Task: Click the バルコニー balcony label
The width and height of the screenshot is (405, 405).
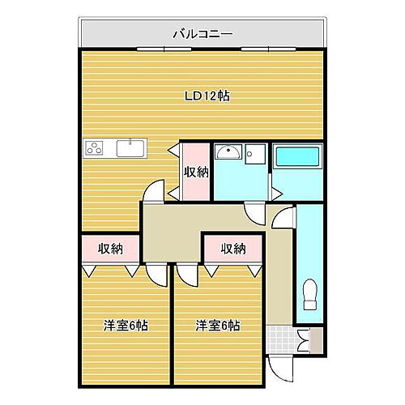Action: coord(203,34)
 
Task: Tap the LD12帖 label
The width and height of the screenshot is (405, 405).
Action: coord(207,96)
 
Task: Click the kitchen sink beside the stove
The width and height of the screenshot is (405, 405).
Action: coord(130,148)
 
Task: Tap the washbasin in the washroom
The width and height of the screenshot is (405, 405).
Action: coord(229,154)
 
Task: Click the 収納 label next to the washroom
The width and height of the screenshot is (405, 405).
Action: coord(195,171)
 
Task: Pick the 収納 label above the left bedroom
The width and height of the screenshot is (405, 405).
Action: coord(111,249)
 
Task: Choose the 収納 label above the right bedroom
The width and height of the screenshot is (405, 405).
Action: coord(233,249)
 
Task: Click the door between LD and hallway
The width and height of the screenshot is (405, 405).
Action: coord(153,191)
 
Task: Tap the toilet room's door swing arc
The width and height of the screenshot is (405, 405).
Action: coord(283,219)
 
